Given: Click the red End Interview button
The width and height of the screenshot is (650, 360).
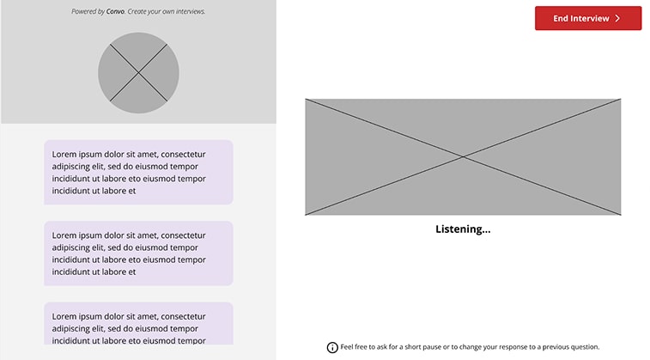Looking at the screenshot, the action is pyautogui.click(x=587, y=18).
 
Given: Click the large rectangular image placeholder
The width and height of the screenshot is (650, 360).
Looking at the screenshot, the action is pyautogui.click(x=463, y=156).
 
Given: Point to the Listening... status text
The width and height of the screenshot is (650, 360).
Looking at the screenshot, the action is pyautogui.click(x=463, y=229).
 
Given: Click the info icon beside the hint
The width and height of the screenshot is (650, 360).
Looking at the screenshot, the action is pyautogui.click(x=332, y=347).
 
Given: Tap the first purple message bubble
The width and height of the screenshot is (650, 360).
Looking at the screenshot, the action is pyautogui.click(x=138, y=172).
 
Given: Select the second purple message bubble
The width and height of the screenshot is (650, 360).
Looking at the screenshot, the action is pyautogui.click(x=138, y=253).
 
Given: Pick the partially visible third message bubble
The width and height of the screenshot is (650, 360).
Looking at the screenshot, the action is pyautogui.click(x=138, y=323).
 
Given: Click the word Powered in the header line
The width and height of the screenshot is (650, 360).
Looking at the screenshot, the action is pyautogui.click(x=86, y=12).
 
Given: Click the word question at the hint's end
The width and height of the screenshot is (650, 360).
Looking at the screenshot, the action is pyautogui.click(x=581, y=347).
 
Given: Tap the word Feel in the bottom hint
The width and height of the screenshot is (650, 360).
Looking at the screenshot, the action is pyautogui.click(x=348, y=347).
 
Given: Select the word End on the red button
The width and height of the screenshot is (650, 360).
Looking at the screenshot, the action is pyautogui.click(x=562, y=18).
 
